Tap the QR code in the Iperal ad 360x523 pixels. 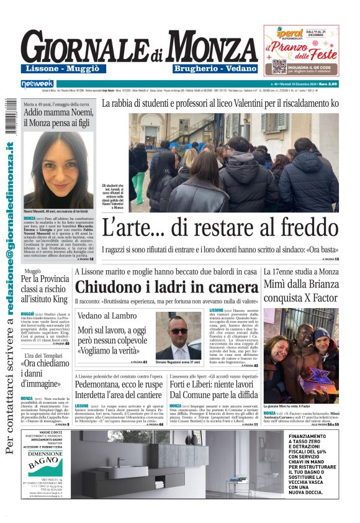(x=279, y=66)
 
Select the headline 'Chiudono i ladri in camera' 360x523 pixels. (x=166, y=287)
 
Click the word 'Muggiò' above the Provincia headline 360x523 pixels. (x=32, y=271)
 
